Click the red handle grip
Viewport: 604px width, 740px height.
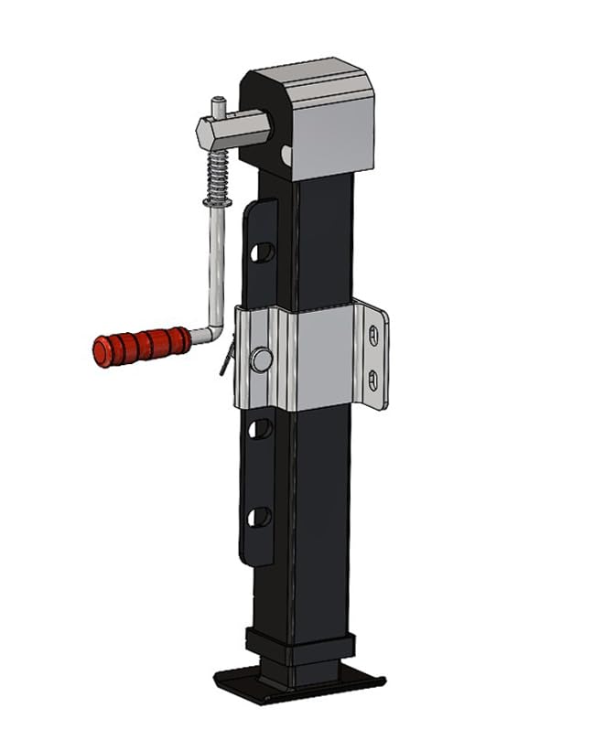[141, 345]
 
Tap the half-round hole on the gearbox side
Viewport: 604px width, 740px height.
[286, 155]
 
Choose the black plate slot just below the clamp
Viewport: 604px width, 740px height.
[261, 426]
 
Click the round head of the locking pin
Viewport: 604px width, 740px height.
[262, 359]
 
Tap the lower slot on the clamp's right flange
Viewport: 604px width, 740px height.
[373, 378]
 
